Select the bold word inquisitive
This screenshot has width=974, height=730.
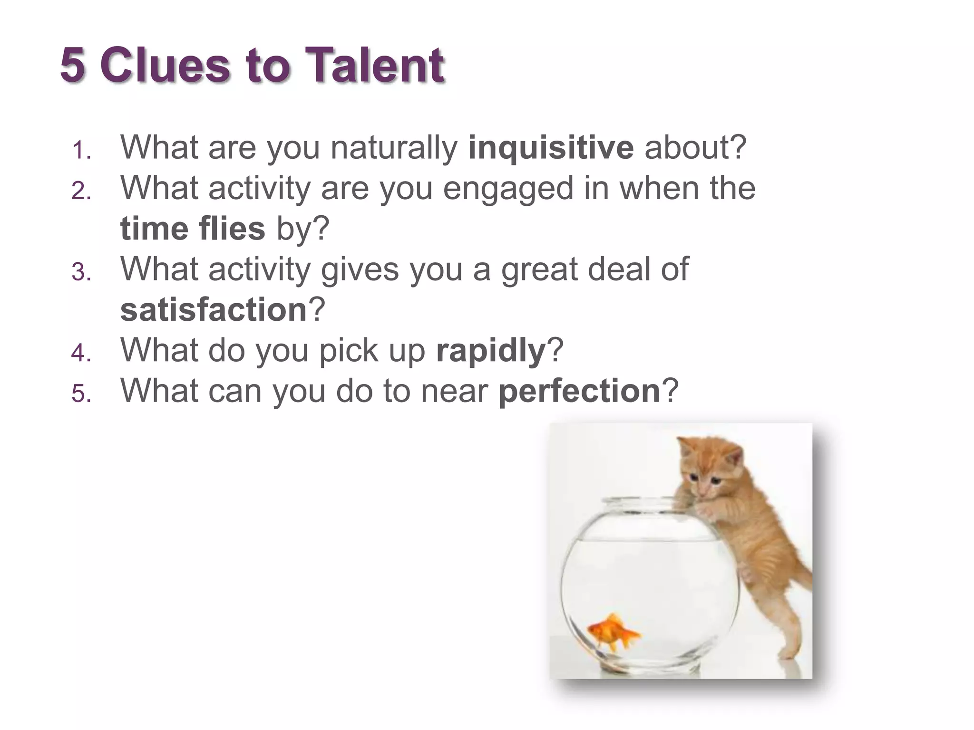(x=551, y=148)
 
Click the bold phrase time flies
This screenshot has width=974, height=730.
(x=193, y=229)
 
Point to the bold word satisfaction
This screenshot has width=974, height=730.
(x=214, y=310)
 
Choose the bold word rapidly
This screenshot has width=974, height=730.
(x=491, y=350)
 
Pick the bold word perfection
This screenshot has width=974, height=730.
(x=579, y=391)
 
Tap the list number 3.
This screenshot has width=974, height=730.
(x=81, y=273)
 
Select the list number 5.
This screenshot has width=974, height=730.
(x=81, y=394)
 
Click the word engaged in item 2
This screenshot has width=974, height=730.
(x=508, y=189)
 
